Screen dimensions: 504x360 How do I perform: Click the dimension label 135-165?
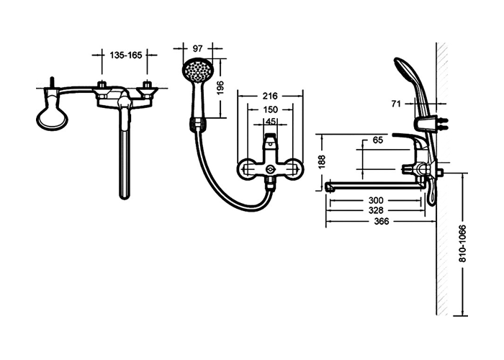(126, 55)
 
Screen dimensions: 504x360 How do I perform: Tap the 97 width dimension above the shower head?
(197, 48)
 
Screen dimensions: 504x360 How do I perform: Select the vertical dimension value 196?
(220, 88)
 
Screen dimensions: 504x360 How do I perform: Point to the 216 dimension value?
(270, 96)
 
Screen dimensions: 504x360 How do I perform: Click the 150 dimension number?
(270, 109)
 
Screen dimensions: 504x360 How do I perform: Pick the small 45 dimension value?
(271, 122)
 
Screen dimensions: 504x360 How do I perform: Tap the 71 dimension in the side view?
(396, 104)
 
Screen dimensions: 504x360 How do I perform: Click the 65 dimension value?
(378, 140)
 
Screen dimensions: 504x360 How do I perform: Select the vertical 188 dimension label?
(322, 162)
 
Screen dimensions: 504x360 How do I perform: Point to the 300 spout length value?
(376, 200)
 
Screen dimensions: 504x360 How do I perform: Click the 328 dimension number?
(376, 210)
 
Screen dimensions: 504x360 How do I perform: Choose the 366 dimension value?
(382, 221)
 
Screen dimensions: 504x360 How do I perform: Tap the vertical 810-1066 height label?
(462, 243)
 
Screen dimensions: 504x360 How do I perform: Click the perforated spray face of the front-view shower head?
(197, 69)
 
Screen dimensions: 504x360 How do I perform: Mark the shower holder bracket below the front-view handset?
(198, 124)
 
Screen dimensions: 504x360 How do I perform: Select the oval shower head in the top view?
(51, 117)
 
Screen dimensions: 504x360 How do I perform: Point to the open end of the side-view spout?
(328, 186)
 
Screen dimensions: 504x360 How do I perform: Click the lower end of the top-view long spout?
(125, 196)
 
